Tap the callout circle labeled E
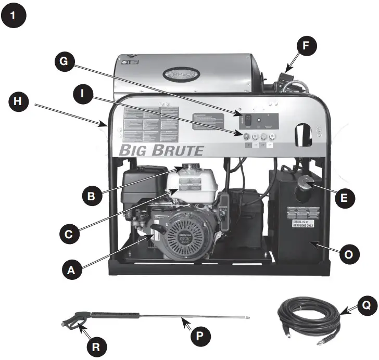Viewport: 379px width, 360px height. [x=345, y=198]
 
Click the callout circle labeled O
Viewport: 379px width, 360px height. [x=349, y=254]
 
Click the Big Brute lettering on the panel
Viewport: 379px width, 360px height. [x=161, y=151]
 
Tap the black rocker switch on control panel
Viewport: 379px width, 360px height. [x=248, y=119]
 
